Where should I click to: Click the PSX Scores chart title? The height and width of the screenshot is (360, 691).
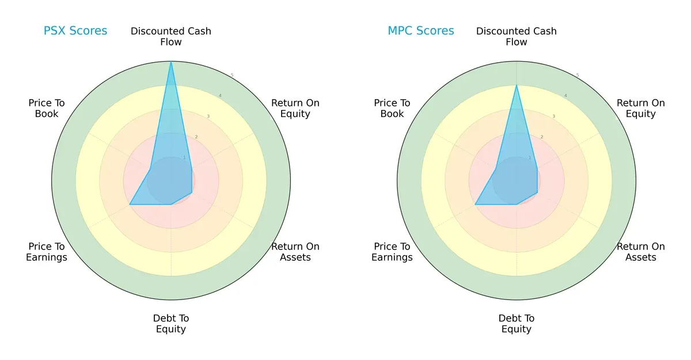pyautogui.click(x=75, y=31)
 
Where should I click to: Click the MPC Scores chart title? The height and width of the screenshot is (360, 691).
pyautogui.click(x=421, y=31)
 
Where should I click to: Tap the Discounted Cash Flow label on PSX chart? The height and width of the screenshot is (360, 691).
pyautogui.click(x=171, y=36)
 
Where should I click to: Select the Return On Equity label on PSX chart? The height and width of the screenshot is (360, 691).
pyautogui.click(x=295, y=108)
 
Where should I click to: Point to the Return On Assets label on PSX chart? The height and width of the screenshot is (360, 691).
pyautogui.click(x=295, y=252)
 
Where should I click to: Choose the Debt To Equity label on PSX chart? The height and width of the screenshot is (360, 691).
pyautogui.click(x=171, y=324)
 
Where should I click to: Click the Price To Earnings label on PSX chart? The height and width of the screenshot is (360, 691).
pyautogui.click(x=47, y=252)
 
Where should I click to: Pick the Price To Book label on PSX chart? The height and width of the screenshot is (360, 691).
pyautogui.click(x=47, y=108)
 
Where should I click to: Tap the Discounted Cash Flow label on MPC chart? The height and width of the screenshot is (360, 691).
pyautogui.click(x=517, y=36)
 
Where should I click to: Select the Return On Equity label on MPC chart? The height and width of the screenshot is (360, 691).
pyautogui.click(x=640, y=108)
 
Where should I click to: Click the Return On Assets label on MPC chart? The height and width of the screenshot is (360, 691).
pyautogui.click(x=640, y=252)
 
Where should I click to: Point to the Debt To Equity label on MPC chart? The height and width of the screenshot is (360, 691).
pyautogui.click(x=517, y=324)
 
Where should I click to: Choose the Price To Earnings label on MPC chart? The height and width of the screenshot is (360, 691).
pyautogui.click(x=392, y=252)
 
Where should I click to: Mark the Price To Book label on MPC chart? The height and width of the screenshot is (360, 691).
pyautogui.click(x=392, y=108)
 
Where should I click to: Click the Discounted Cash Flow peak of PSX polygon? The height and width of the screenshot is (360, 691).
pyautogui.click(x=171, y=62)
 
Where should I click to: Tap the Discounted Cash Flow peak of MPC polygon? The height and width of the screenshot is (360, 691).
pyautogui.click(x=517, y=86)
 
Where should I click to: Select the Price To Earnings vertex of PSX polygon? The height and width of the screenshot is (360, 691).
pyautogui.click(x=130, y=204)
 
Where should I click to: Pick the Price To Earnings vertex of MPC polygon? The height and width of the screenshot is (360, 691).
pyautogui.click(x=476, y=204)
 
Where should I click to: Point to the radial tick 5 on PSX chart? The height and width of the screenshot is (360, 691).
pyautogui.click(x=231, y=75)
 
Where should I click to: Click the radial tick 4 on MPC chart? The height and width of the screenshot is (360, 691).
pyautogui.click(x=565, y=96)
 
